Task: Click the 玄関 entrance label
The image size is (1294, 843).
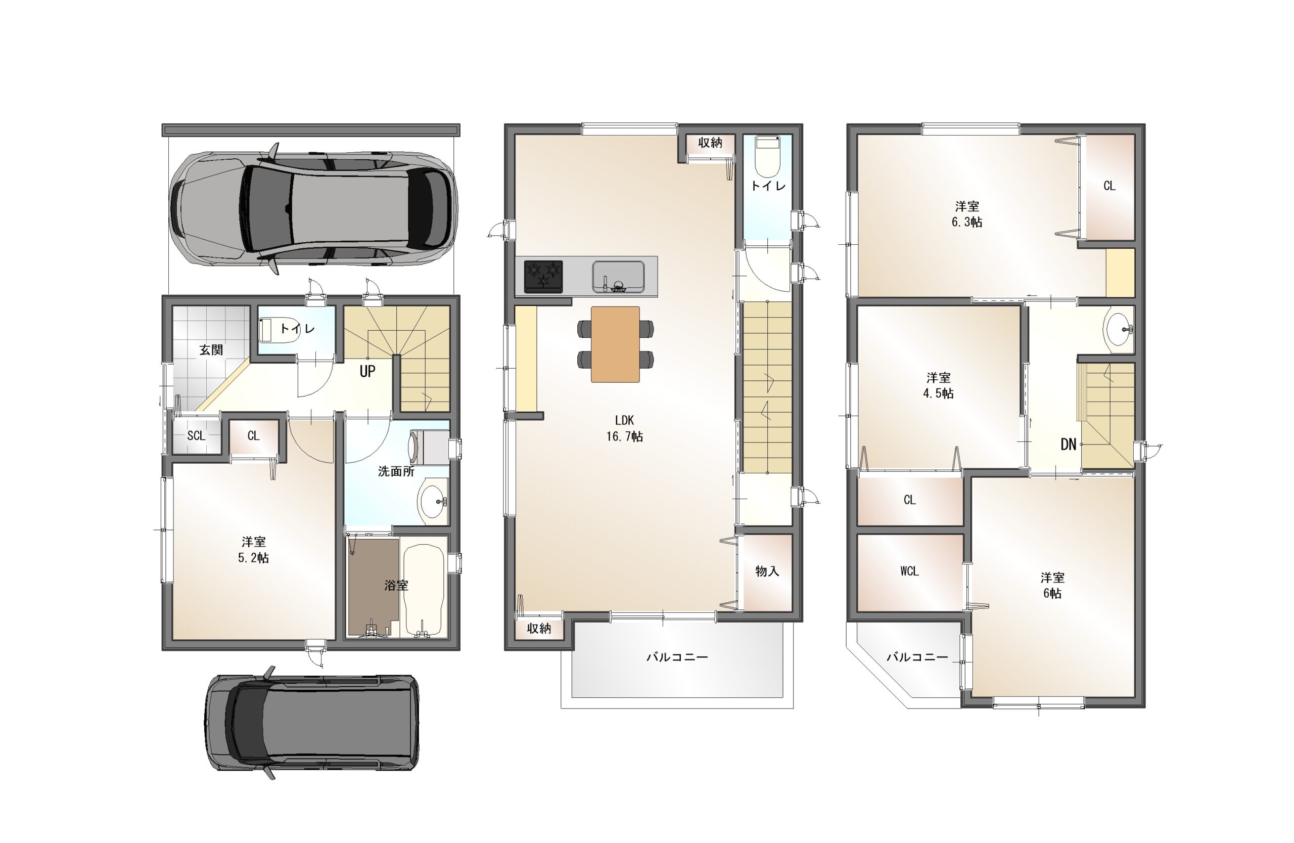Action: [x=211, y=350]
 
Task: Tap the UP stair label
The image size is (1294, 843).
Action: [x=367, y=372]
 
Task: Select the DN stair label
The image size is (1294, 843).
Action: [x=1069, y=445]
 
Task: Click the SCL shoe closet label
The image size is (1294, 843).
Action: [x=196, y=435]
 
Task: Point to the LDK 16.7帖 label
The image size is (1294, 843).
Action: [x=625, y=428]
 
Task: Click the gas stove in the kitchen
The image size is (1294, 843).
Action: [x=543, y=276]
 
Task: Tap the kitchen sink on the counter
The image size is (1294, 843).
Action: [x=618, y=276]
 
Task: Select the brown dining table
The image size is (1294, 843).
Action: [x=615, y=344]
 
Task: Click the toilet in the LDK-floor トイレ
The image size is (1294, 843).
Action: [x=768, y=156]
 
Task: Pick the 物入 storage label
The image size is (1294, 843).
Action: [x=767, y=571]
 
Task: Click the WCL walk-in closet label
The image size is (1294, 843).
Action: [x=910, y=571]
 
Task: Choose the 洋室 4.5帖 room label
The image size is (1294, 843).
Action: [x=939, y=385]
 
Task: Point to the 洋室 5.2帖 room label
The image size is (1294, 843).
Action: [x=254, y=550]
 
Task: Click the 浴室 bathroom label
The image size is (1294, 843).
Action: [x=396, y=585]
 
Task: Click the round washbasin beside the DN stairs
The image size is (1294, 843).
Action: [x=1118, y=329]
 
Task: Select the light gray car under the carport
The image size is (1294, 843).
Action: [x=314, y=208]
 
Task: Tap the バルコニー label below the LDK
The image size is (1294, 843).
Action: [x=677, y=657]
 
